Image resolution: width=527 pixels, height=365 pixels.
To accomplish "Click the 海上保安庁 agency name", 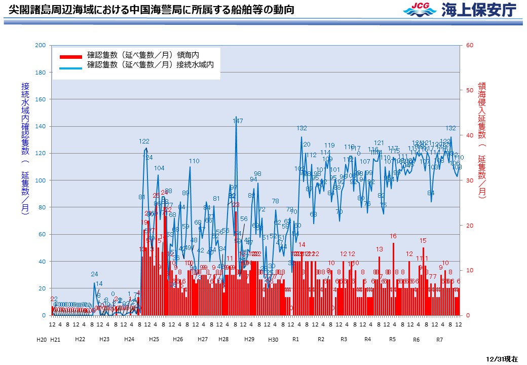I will point(479,10).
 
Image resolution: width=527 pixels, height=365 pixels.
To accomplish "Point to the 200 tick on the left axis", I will point(40,45).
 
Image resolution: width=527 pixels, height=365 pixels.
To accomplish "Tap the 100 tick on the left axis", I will point(40,180).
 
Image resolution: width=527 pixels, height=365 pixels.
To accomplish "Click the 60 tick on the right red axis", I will point(469,45).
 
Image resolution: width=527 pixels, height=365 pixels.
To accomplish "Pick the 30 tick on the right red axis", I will point(469,180).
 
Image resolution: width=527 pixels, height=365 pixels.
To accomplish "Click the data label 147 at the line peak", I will point(238,121).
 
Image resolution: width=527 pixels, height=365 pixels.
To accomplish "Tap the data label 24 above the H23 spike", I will point(94,274).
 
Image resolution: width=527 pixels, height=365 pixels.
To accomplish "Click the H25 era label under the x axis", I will point(154,339).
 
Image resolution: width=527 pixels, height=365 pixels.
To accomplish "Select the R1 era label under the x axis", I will point(296,339).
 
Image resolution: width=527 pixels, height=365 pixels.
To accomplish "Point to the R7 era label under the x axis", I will point(439,339).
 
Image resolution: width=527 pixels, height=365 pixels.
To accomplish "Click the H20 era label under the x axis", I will point(42,339).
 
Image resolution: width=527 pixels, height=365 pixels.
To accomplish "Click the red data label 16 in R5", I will point(393,236).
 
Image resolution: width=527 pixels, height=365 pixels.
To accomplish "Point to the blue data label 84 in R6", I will point(431,193).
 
